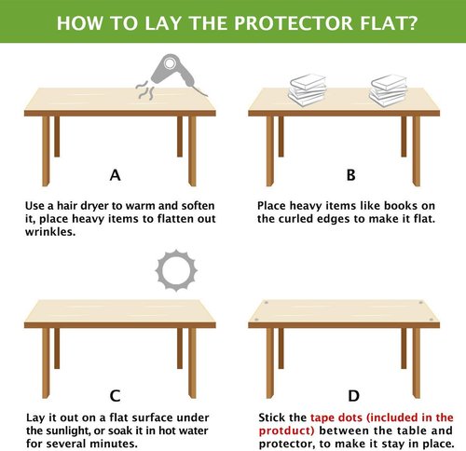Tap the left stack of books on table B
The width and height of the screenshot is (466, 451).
307,89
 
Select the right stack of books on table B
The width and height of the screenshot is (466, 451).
388,89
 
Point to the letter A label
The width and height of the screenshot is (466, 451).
115,174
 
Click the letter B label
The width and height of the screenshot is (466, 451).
350,174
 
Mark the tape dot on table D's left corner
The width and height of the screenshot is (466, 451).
267,304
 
